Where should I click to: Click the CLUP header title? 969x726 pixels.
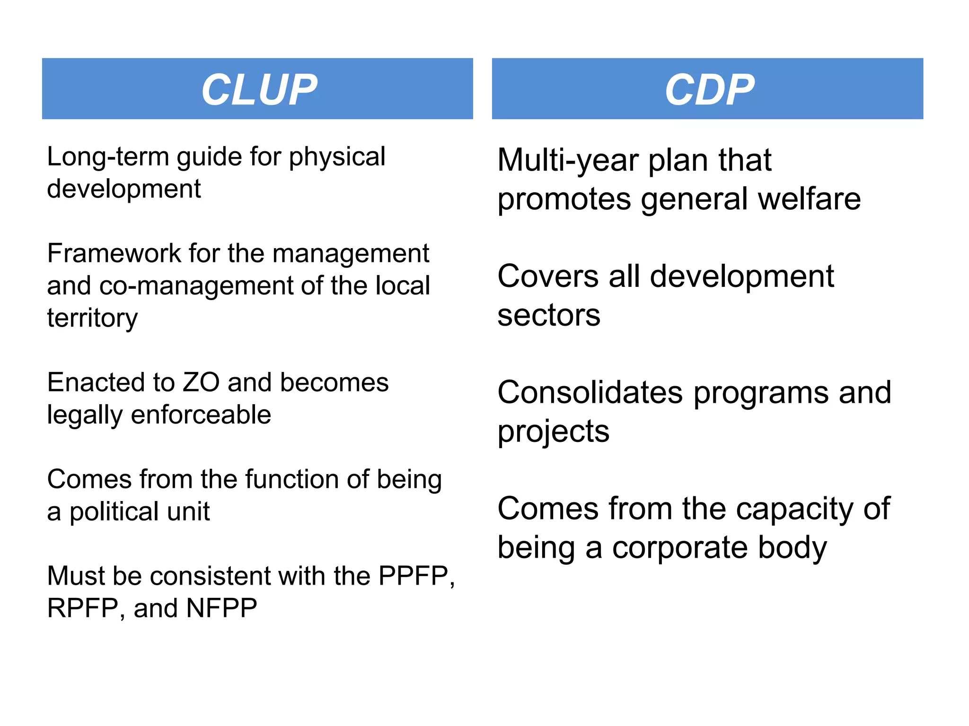[259, 89]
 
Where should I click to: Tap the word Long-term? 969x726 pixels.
[108, 157]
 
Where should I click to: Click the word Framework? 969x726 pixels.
[114, 253]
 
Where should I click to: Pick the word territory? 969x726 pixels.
[92, 318]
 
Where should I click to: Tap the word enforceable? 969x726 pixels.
[201, 415]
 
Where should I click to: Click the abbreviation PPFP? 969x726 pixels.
[414, 576]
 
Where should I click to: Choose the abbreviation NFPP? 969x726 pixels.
[221, 608]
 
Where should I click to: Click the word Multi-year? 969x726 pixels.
[568, 161]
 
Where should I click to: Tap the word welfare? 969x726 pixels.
[809, 199]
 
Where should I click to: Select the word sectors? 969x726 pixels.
[549, 315]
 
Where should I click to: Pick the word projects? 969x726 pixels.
[553, 432]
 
